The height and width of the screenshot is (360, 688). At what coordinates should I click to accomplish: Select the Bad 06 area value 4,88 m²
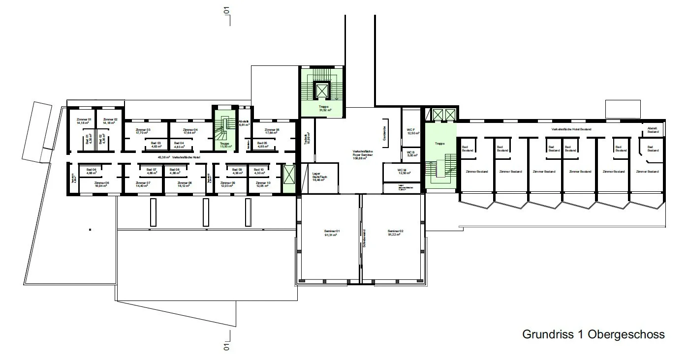click(91, 173)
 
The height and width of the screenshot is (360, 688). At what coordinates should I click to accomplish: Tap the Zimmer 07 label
click(143, 182)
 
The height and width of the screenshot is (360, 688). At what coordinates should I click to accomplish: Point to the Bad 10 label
click(259, 169)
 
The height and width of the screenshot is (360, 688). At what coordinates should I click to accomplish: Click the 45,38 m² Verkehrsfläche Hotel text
click(179, 157)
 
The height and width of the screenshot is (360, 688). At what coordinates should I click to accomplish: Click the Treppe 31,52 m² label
click(323, 107)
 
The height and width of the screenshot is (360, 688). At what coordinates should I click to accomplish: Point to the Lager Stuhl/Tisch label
click(320, 175)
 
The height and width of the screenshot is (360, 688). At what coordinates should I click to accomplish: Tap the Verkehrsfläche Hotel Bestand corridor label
click(571, 129)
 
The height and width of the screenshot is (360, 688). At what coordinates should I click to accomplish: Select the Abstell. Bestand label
click(653, 130)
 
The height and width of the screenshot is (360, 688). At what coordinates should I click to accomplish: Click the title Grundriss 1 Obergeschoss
click(593, 334)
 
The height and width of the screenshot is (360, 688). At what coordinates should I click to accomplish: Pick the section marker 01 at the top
click(227, 10)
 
